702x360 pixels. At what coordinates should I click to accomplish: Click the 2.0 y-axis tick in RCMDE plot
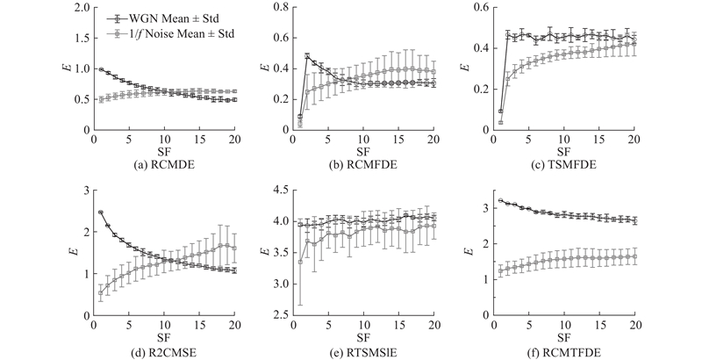pos(80,8)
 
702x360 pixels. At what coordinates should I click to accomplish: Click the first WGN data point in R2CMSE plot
pos(101,212)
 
